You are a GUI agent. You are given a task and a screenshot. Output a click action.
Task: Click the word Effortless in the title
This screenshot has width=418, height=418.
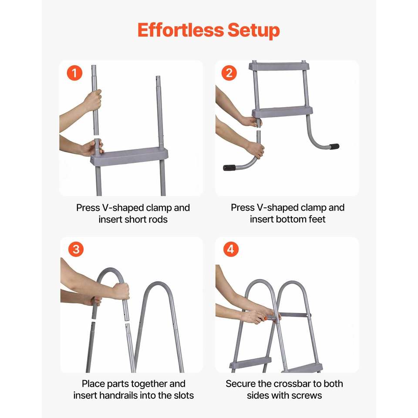pyautogui.click(x=180, y=30)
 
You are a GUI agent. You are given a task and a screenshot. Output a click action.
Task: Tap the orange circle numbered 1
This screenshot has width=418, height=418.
pyautogui.click(x=74, y=73)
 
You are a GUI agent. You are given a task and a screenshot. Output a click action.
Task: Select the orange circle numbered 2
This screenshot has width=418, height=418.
pyautogui.click(x=229, y=73)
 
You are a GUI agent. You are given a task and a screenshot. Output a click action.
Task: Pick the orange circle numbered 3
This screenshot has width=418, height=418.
pyautogui.click(x=76, y=249)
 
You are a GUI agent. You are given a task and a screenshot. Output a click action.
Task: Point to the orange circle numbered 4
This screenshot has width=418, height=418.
pyautogui.click(x=231, y=249)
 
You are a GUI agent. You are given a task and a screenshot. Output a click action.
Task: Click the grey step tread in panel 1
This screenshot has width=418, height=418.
pyautogui.click(x=130, y=156)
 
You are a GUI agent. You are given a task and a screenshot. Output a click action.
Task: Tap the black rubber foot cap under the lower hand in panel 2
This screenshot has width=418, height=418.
pyautogui.click(x=229, y=168)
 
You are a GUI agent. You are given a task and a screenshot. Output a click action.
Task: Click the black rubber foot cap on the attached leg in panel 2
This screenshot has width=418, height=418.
pyautogui.click(x=334, y=146)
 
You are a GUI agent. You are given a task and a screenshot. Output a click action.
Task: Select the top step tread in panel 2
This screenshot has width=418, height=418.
pyautogui.click(x=280, y=66)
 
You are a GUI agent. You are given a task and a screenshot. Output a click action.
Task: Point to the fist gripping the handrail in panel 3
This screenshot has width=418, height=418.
pyautogui.click(x=121, y=291)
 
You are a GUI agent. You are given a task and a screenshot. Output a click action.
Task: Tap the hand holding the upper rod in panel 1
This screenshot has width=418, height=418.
pyautogui.click(x=93, y=101)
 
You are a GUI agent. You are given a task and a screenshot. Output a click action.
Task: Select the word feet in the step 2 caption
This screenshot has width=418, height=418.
pyautogui.click(x=317, y=219)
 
